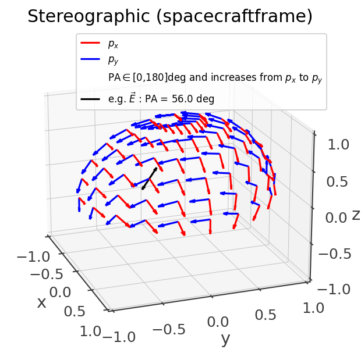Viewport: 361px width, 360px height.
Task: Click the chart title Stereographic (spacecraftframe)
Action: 170,17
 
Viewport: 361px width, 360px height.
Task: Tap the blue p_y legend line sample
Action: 91,59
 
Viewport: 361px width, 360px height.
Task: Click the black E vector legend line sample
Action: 91,99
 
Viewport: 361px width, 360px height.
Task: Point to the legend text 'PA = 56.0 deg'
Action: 180,99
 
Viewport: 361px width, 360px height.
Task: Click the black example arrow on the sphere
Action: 149,178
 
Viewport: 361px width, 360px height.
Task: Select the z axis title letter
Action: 356,215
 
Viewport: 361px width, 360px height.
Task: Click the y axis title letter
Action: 225,340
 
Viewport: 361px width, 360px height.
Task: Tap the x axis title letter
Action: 41,302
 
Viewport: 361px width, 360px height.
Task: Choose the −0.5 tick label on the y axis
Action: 167,330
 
